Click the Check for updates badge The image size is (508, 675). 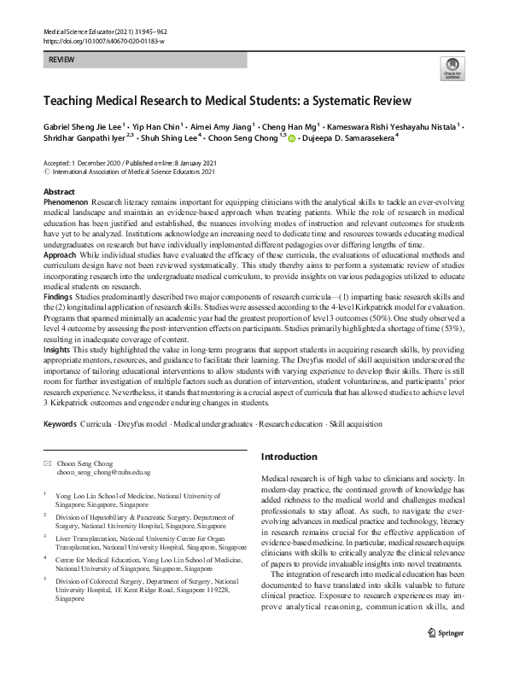451,69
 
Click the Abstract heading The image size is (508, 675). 59,192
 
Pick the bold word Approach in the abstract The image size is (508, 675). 61,278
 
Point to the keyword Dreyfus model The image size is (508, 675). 139,423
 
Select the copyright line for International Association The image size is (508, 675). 122,171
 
